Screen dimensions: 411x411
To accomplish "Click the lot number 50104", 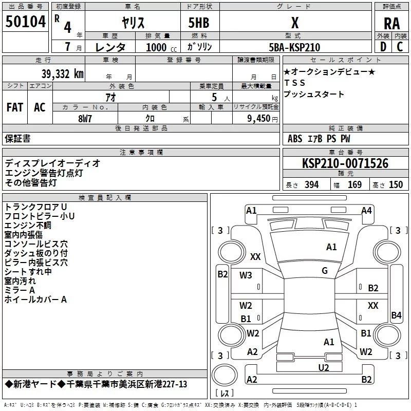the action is click(x=25, y=21).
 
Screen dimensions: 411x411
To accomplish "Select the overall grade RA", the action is click(x=391, y=24).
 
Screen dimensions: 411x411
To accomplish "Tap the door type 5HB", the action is click(x=199, y=23).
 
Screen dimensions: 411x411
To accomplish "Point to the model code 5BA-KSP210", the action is click(x=294, y=47).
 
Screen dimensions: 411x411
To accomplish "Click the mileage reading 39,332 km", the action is click(x=62, y=74).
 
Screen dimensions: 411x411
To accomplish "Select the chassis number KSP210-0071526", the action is click(x=345, y=163).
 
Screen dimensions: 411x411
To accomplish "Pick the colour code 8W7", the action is click(x=85, y=119).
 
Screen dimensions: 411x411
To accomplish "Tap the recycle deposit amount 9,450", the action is click(x=258, y=119).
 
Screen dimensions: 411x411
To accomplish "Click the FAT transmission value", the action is click(x=15, y=107).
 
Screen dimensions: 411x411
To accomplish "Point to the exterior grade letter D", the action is click(x=383, y=47).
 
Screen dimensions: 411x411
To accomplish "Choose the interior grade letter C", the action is click(x=400, y=47).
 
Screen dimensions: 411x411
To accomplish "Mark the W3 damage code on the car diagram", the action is click(x=246, y=275).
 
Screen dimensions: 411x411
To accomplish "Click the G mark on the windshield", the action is click(x=325, y=271).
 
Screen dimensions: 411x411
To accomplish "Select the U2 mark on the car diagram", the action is click(x=324, y=367).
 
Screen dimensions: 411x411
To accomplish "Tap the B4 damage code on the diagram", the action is click(x=396, y=315).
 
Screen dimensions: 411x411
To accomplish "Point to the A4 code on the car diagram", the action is click(x=366, y=211).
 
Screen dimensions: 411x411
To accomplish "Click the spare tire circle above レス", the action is click(x=225, y=375).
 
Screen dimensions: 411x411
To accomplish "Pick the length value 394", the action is click(x=311, y=185).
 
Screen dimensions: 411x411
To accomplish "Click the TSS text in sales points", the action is click(x=294, y=83).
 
